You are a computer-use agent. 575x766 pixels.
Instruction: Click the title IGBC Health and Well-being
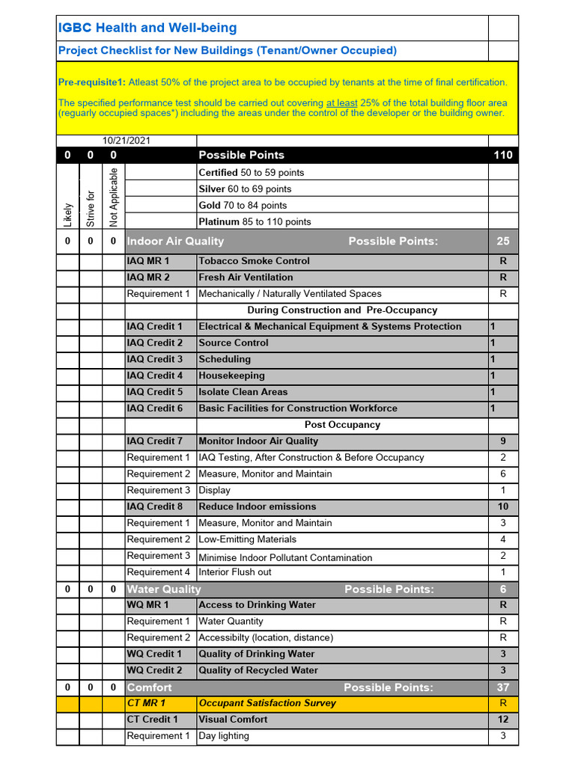pos(147,28)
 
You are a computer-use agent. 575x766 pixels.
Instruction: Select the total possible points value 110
pos(502,155)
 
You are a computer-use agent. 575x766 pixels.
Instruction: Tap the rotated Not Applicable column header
pos(114,197)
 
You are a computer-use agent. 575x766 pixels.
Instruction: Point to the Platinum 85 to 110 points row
pos(255,222)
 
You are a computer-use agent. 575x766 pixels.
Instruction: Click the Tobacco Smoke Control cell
pos(254,261)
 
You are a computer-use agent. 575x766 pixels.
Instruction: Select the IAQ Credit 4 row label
pos(155,376)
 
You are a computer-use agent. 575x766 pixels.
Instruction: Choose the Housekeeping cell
pos(231,376)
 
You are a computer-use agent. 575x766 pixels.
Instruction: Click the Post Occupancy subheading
pos(342,425)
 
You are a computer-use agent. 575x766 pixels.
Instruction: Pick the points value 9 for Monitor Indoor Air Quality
pos(502,441)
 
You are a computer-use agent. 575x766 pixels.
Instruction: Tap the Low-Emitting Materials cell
pos(247,539)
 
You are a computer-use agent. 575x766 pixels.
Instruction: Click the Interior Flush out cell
pos(235,572)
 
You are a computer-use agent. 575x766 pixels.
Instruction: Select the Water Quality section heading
pos(164,589)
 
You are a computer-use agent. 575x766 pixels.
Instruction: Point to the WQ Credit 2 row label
pos(155,670)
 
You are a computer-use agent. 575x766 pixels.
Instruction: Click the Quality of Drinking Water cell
pos(257,654)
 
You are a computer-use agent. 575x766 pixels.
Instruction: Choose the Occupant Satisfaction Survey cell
pos(267,703)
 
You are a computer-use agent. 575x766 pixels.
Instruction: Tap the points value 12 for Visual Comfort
pos(502,720)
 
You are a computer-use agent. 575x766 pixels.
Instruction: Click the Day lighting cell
pos(224,736)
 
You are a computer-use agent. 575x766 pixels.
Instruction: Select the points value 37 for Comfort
pos(502,687)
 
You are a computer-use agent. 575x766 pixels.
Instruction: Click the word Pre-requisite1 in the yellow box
pos(91,82)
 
